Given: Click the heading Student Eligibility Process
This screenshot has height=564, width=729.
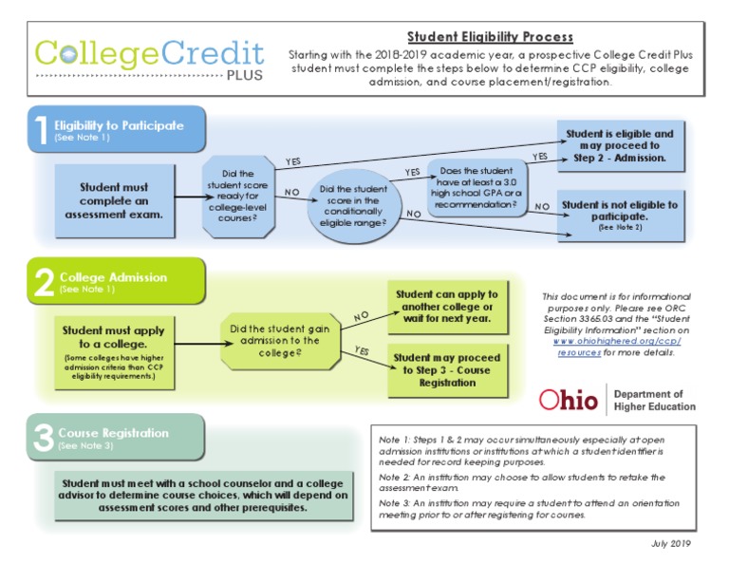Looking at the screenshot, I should (x=490, y=37).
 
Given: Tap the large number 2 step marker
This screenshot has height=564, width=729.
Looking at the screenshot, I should (x=43, y=282).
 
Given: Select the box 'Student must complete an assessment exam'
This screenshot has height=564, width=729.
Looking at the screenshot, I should (x=114, y=200).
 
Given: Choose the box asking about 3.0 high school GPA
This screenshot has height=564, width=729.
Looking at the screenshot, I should (x=478, y=188).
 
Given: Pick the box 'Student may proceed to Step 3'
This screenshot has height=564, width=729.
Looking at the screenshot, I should (x=446, y=370).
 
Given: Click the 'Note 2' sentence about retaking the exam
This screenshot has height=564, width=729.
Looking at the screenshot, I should (x=521, y=482).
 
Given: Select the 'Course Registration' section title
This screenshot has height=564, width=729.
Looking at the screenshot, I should (x=115, y=432).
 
